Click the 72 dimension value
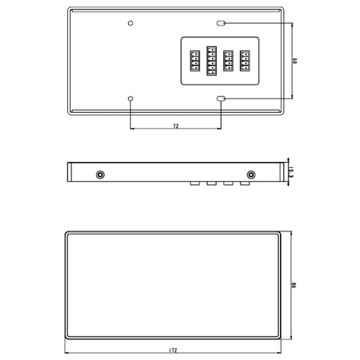coord(176,126)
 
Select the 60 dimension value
coord(294,61)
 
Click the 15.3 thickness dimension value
coord(291,172)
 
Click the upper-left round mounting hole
coord(131,23)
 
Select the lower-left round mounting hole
coord(131,99)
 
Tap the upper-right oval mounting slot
coord(221,23)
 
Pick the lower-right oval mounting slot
coord(221,99)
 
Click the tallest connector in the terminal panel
coord(211,61)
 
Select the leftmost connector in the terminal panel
coord(194,61)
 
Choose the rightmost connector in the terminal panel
coord(245,60)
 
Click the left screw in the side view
coord(100,175)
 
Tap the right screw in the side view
coord(251,175)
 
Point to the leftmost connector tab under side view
coord(195,184)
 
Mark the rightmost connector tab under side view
coord(245,184)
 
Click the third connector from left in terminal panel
coord(228,61)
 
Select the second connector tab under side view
coord(211,184)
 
